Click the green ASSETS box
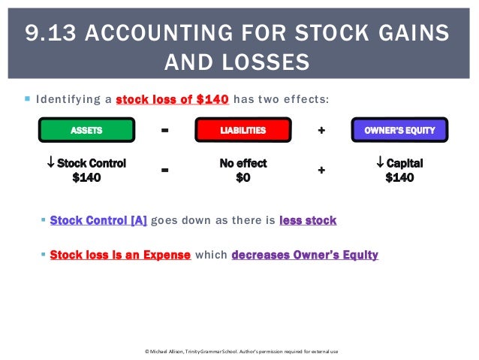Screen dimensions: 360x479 (86, 131)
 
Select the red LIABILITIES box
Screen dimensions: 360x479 (243, 131)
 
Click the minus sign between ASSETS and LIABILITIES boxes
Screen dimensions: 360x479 (165, 131)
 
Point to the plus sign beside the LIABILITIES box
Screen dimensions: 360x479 (321, 131)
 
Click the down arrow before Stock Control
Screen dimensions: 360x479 (51, 163)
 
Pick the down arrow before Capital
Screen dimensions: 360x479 (381, 163)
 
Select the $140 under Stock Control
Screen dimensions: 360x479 (86, 178)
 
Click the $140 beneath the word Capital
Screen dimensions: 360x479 (399, 178)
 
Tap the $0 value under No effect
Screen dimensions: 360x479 (243, 178)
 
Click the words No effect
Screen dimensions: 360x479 (243, 163)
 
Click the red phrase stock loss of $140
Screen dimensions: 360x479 (173, 99)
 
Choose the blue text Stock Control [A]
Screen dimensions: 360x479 (98, 220)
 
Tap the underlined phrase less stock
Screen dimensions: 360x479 (308, 220)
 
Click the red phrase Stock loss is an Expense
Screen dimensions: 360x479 (120, 255)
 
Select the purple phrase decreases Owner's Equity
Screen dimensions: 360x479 (305, 255)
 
